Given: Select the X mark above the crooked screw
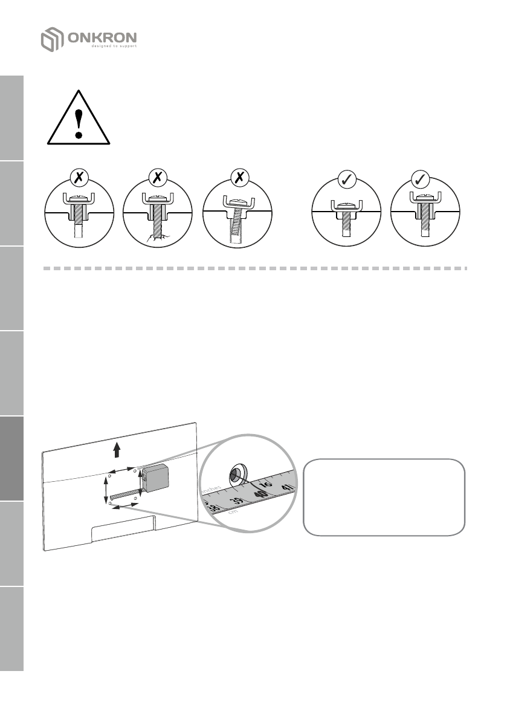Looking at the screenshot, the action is click(237, 178).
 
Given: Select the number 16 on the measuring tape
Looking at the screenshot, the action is click(266, 482).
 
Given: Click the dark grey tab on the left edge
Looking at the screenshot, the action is click(11, 458).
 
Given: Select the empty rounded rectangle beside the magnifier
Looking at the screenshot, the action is click(384, 498).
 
